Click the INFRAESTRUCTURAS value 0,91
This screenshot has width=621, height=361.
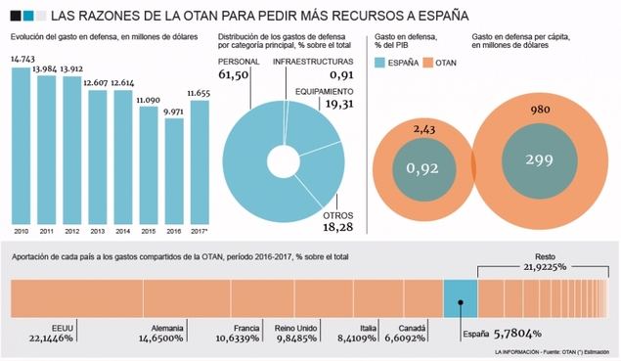(x=342, y=74)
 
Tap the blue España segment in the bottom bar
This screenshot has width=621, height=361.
(x=459, y=294)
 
